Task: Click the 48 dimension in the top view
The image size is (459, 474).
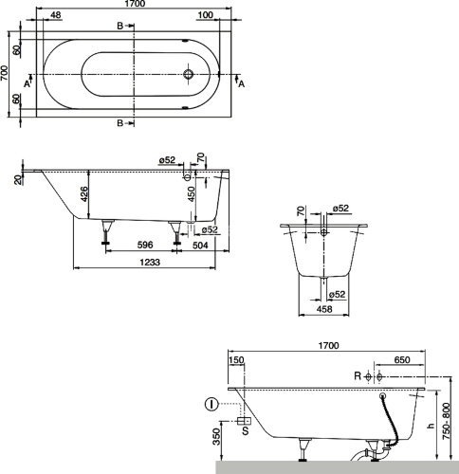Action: (55, 15)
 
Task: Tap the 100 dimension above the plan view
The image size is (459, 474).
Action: (206, 15)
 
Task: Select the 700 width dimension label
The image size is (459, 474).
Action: (4, 73)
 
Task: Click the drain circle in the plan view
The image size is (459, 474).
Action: (189, 74)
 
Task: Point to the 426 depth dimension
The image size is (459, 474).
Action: (84, 194)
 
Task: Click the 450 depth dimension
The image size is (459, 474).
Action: (192, 194)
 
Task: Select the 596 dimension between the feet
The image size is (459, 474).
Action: (145, 245)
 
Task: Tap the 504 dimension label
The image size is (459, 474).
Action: (200, 245)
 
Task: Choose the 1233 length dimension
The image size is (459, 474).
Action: (150, 262)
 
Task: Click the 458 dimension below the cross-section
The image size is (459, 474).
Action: (324, 309)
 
